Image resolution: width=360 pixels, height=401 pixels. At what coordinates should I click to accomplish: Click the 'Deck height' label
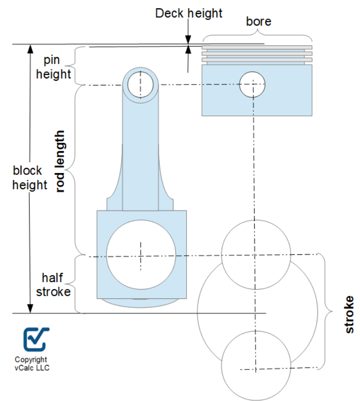coord(189,13)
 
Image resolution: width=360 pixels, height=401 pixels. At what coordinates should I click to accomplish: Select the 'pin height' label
coord(54,67)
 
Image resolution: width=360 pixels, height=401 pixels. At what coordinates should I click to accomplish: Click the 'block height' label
coord(30,178)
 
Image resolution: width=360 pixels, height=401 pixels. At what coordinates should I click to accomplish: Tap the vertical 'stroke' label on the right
coord(349,314)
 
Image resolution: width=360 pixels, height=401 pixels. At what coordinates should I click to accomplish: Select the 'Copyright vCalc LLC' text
coord(31,363)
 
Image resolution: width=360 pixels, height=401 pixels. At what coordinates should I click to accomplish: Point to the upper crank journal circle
coord(256,254)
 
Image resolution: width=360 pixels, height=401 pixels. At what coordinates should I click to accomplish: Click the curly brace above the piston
coord(257,36)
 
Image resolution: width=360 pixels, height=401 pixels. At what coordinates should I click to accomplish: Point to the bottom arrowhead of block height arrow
coord(30,308)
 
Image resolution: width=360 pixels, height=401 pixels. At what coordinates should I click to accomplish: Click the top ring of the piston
coord(257,47)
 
